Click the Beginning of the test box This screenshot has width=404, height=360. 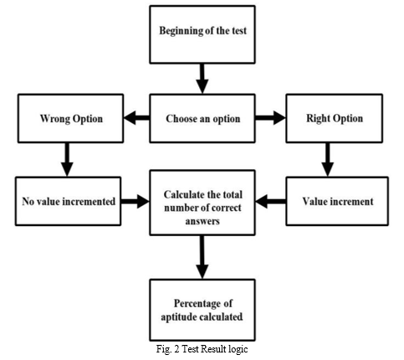point(202,34)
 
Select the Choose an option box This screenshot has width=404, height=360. point(202,119)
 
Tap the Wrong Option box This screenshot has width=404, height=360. point(70,119)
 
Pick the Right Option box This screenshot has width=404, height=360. point(335,119)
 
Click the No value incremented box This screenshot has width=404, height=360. point(68,201)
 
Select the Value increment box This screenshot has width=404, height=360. point(337,201)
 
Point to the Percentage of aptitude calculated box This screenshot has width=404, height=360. point(202,310)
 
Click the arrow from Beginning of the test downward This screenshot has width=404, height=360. point(202,79)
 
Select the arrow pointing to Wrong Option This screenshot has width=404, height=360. point(136,118)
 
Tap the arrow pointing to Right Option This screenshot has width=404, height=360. point(270,118)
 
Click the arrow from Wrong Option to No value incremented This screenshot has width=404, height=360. point(67,160)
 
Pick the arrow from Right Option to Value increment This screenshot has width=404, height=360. point(327,160)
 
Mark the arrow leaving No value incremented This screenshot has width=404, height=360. point(136,201)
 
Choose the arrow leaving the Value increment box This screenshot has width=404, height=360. point(270,201)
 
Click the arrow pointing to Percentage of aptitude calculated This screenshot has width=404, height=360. point(202,257)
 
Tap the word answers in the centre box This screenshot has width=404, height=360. point(202,221)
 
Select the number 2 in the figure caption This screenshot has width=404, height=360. point(176,349)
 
